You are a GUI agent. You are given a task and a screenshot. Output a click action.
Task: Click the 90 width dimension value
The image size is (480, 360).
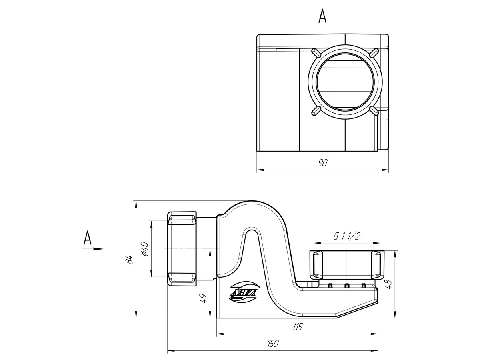322,163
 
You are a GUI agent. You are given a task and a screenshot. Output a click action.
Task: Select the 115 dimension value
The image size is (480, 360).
296,327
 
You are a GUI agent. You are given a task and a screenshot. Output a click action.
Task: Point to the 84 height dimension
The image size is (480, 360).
129,259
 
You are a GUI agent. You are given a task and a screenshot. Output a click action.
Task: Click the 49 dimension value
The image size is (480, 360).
203,298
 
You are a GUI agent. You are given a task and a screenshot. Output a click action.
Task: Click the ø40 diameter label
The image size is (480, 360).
144,248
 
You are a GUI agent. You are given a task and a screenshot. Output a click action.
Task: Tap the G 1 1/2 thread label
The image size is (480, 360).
346,236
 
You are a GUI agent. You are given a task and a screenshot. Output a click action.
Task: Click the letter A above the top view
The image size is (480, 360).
322,16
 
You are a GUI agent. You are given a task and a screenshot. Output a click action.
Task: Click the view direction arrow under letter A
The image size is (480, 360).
93,249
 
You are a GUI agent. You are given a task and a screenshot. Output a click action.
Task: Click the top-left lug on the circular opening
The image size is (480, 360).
315,52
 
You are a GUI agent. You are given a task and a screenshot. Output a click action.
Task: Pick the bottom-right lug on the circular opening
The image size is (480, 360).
374,110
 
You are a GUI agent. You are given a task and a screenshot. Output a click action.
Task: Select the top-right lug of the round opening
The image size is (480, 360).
374,52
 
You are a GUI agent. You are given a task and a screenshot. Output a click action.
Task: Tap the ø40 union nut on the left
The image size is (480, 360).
182,248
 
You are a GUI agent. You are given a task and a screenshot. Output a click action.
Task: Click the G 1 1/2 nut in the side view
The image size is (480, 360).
346,265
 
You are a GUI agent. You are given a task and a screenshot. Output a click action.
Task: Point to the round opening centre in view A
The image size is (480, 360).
344,81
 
